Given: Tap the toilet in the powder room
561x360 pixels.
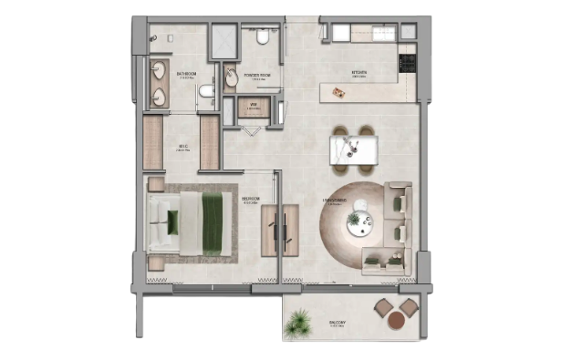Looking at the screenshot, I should tap(262, 37).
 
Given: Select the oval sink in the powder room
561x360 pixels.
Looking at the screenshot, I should tap(231, 79).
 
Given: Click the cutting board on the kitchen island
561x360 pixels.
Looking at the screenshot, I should tap(340, 88).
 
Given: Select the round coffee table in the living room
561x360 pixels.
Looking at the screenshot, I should tap(356, 220).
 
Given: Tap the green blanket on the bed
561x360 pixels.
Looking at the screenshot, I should tap(215, 221).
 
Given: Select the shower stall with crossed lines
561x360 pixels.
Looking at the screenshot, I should tap(223, 39).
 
